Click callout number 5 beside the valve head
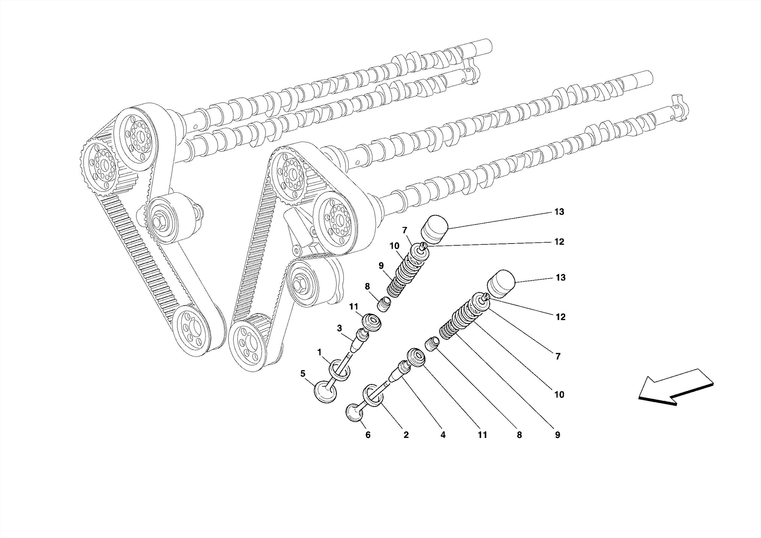pos(303,373)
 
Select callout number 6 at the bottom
pos(368,435)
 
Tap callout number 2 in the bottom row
pos(406,435)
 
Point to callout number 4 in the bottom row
pos(443,435)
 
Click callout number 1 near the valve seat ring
pos(319,352)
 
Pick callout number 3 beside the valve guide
pos(339,328)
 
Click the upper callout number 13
pos(559,212)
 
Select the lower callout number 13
pos(560,277)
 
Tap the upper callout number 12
pos(559,242)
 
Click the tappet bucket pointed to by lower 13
pos(501,285)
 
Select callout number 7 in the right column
pos(558,356)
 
